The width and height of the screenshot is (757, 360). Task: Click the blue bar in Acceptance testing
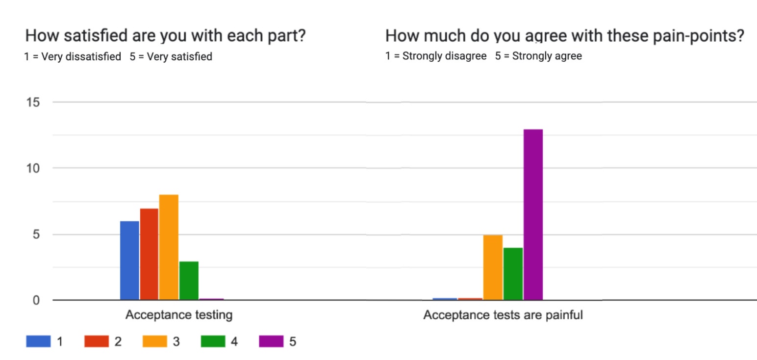(129, 260)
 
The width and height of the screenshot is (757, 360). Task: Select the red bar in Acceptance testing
(149, 254)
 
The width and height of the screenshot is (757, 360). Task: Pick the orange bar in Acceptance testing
(169, 247)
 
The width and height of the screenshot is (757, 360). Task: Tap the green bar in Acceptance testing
(189, 280)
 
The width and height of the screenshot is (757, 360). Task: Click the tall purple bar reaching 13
(533, 214)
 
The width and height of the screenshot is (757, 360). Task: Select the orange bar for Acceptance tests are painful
(493, 267)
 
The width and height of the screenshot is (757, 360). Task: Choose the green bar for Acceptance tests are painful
(513, 274)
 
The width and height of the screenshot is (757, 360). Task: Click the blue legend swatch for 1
(38, 341)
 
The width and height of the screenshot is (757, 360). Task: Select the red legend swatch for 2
(97, 341)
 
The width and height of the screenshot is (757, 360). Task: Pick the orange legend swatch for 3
(155, 341)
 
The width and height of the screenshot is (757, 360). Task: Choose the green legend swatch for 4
(213, 341)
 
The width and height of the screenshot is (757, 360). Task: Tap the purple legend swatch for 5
(271, 341)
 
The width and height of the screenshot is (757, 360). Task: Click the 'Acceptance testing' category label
(178, 315)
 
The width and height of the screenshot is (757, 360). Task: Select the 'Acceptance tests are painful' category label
(503, 315)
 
